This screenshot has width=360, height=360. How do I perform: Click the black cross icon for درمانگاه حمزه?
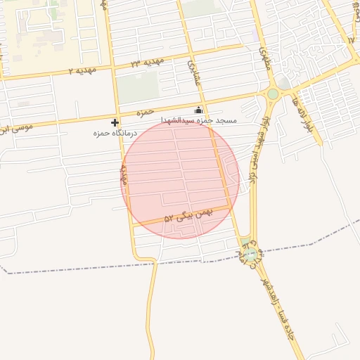(115, 122)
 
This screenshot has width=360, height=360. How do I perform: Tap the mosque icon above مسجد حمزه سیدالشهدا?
(198, 110)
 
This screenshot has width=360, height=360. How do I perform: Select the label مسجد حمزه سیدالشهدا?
(200, 121)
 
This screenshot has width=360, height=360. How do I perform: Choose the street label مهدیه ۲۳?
(147, 63)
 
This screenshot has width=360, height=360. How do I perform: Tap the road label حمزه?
(145, 112)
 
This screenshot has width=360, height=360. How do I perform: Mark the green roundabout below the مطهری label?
(273, 93)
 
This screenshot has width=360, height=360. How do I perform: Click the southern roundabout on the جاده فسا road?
(250, 254)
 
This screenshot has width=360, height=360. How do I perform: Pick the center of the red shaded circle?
(180, 179)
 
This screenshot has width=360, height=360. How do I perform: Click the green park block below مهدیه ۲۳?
(138, 88)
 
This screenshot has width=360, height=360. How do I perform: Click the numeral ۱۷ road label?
(351, 39)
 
